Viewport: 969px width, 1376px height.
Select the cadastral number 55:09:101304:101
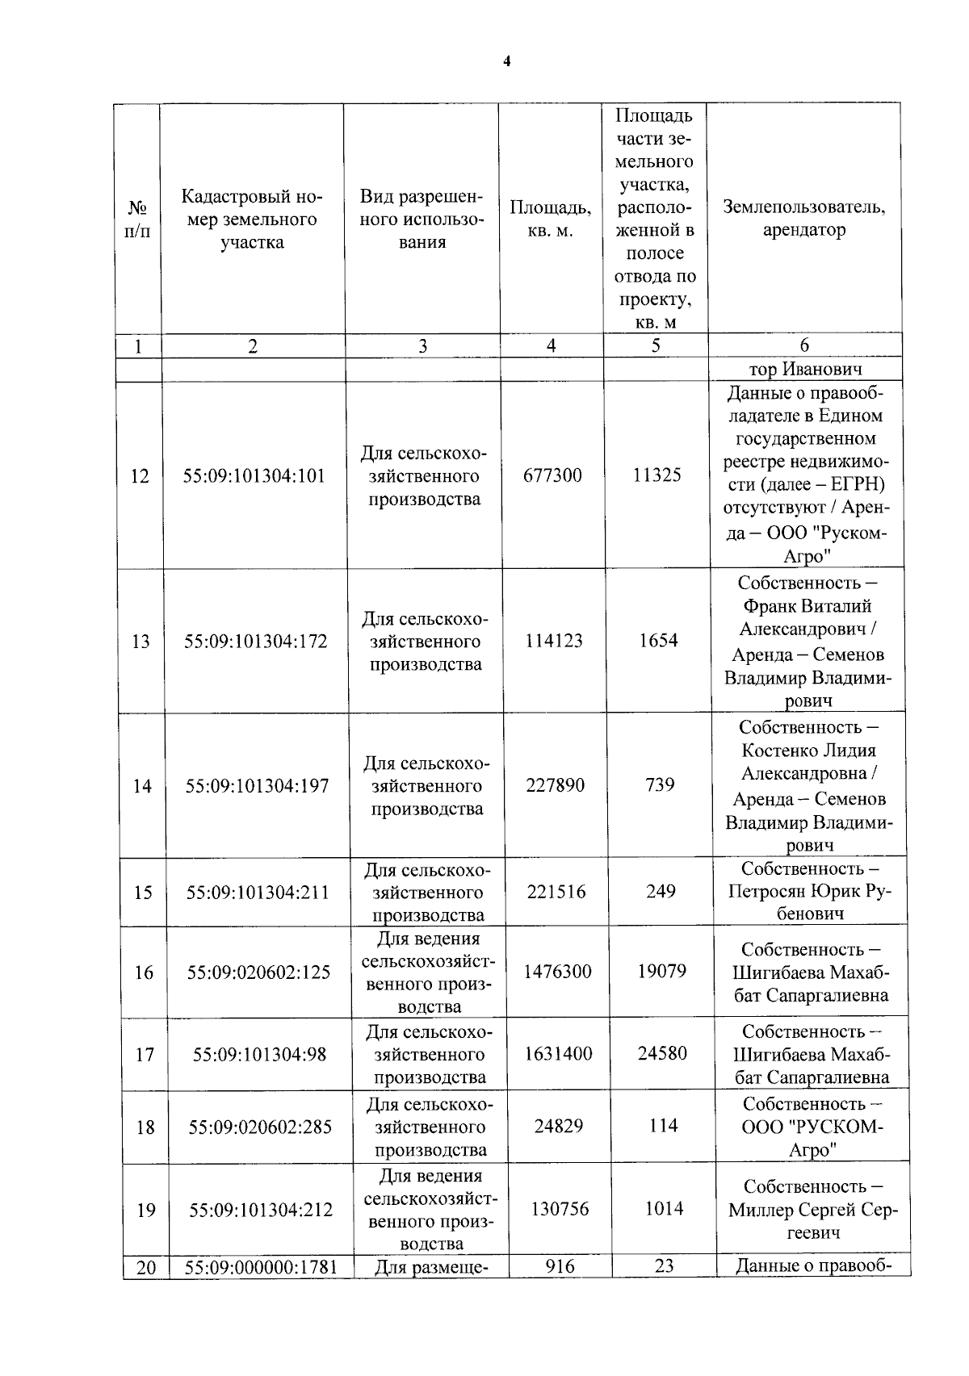click(x=254, y=476)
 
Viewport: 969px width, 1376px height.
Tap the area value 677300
click(x=552, y=475)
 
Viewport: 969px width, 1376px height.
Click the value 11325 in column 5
click(x=656, y=475)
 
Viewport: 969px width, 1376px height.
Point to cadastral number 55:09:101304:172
click(x=255, y=642)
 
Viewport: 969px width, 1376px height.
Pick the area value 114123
click(x=554, y=641)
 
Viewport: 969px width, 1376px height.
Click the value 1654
click(x=658, y=641)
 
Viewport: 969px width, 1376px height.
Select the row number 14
click(x=142, y=786)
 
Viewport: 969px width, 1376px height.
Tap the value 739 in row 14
click(x=660, y=785)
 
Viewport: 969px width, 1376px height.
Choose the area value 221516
click(x=556, y=892)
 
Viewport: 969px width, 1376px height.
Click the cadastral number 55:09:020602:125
click(x=258, y=972)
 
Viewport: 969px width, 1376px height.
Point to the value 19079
click(x=661, y=972)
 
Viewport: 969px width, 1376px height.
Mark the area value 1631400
click(x=558, y=1054)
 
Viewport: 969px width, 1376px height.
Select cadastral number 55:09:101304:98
click(x=259, y=1055)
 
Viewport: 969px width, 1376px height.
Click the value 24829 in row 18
click(x=558, y=1127)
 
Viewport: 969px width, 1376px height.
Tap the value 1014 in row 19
click(x=664, y=1209)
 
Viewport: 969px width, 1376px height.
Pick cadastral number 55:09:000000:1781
click(x=261, y=1268)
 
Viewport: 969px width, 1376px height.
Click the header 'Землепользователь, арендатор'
click(x=803, y=219)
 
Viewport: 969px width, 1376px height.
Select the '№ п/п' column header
click(x=138, y=220)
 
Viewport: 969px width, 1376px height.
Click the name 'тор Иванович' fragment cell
click(x=805, y=370)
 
